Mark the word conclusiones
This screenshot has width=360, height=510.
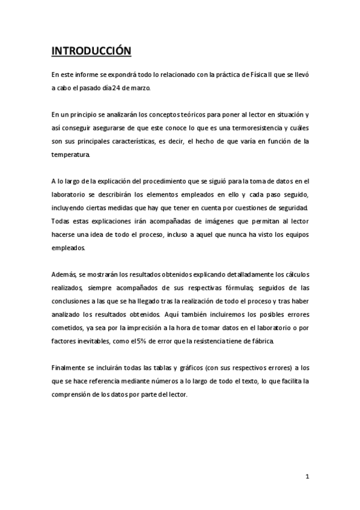[73, 301]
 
